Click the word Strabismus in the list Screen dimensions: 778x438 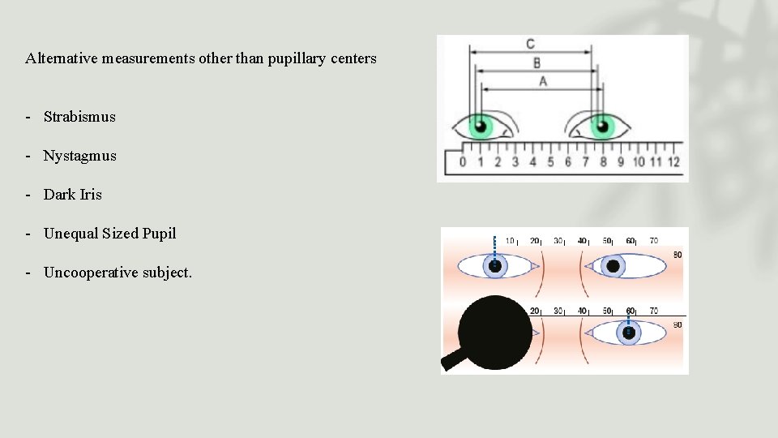(79, 117)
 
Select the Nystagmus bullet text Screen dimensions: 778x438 (79, 156)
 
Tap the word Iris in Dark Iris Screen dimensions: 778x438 (91, 195)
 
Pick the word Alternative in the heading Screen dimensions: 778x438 (62, 58)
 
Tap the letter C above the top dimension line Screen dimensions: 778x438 (530, 44)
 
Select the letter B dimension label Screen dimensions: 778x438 (536, 62)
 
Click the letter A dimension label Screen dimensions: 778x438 (542, 81)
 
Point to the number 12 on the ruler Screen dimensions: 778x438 (673, 161)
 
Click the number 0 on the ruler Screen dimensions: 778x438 (462, 161)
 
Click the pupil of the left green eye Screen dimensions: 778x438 (481, 127)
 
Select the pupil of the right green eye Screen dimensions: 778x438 (601, 126)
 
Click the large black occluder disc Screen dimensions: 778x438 (494, 331)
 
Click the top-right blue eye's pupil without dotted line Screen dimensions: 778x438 (613, 266)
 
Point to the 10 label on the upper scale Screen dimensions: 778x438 (511, 241)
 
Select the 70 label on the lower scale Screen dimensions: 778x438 (653, 311)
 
